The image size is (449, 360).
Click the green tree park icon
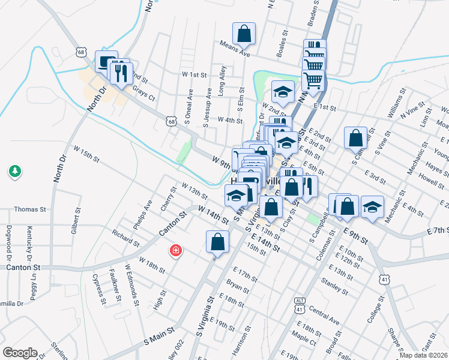[x=15, y=172]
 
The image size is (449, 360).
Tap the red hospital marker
[x=176, y=250]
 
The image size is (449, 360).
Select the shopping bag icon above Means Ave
[x=244, y=33]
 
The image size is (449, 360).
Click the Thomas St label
[x=30, y=209]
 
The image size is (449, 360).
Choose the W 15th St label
[x=86, y=152]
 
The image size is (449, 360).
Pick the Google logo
[x=20, y=353]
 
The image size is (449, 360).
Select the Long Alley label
[x=222, y=80]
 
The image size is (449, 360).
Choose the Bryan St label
[x=237, y=286]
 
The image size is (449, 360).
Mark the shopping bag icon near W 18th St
[x=217, y=242]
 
